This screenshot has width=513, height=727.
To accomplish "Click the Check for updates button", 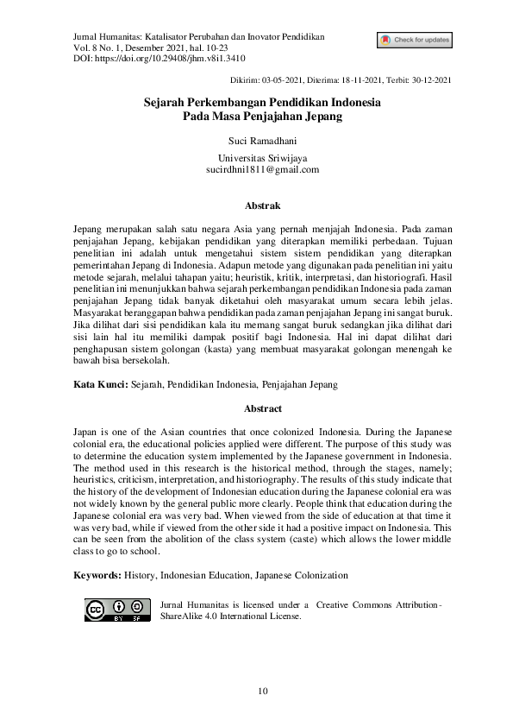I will coord(414,40).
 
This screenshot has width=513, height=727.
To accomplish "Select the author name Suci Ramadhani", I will coord(256,139).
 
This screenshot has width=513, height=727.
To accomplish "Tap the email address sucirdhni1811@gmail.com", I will coord(256,170).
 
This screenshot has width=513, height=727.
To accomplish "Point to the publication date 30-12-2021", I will coord(430,80).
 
